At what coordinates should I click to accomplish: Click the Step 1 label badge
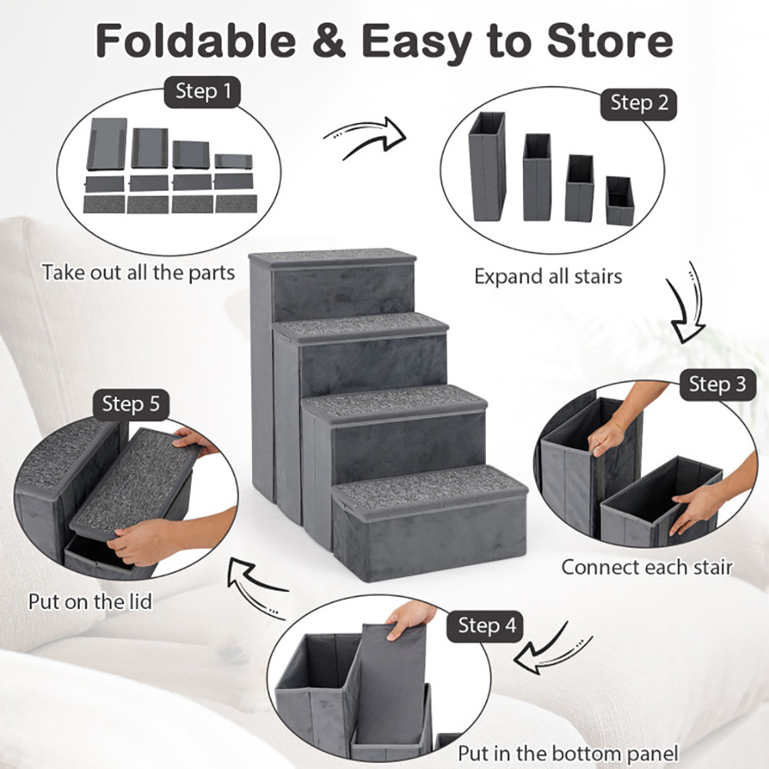pyautogui.click(x=202, y=92)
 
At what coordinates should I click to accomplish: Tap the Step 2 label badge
pyautogui.click(x=638, y=102)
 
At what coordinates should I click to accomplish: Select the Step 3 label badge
pyautogui.click(x=717, y=384)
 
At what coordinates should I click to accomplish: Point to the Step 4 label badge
pyautogui.click(x=487, y=625)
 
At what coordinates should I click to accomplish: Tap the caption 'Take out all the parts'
pyautogui.click(x=138, y=273)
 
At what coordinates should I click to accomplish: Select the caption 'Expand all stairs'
pyautogui.click(x=548, y=276)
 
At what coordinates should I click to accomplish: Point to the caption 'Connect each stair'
pyautogui.click(x=646, y=568)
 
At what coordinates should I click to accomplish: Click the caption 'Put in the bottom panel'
pyautogui.click(x=568, y=753)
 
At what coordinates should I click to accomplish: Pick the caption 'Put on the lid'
pyautogui.click(x=90, y=601)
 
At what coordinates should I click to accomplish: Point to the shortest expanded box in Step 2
pyautogui.click(x=619, y=201)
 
